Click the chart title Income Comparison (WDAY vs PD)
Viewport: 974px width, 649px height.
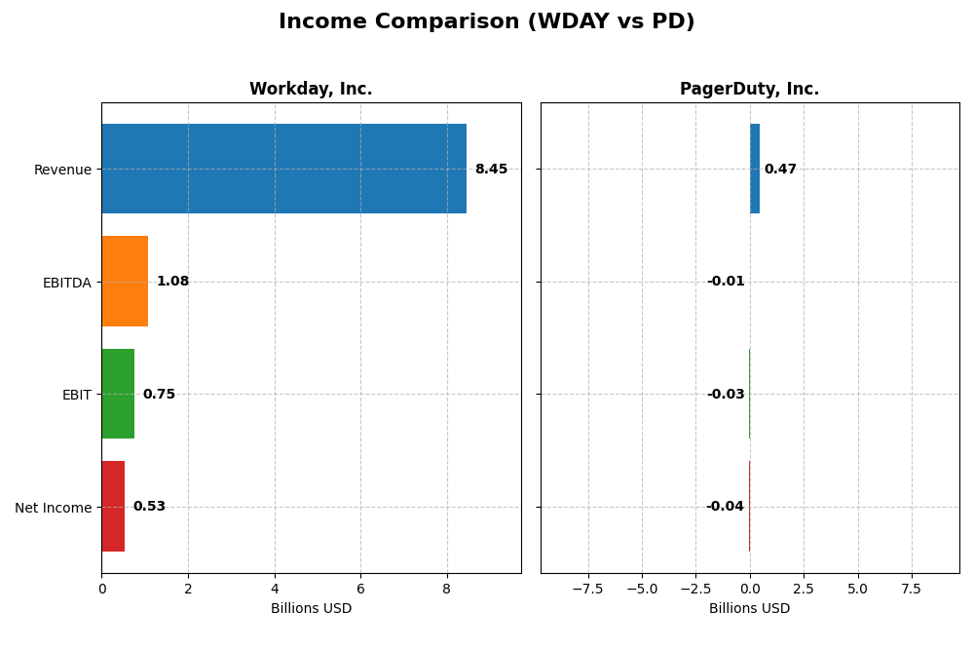486,21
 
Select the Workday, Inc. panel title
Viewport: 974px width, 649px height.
311,90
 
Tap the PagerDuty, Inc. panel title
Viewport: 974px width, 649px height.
749,90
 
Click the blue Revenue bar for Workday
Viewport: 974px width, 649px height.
283,169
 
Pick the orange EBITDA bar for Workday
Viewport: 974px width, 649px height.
125,282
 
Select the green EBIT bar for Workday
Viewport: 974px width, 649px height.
118,394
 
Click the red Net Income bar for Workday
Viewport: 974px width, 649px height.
113,507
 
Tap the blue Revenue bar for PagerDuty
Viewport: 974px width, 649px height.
755,169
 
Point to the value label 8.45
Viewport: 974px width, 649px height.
491,169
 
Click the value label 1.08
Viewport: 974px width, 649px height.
172,282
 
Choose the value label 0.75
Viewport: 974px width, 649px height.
159,394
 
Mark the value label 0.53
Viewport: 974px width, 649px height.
149,507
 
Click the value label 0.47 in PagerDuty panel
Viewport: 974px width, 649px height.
780,169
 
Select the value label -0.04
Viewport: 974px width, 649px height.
725,507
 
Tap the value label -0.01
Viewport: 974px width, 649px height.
726,282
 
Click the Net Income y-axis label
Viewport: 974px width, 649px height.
53,507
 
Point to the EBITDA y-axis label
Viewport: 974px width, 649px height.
66,283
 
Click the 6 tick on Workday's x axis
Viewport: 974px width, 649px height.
360,589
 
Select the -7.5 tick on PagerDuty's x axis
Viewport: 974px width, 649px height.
587,589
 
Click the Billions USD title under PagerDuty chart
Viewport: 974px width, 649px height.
749,608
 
